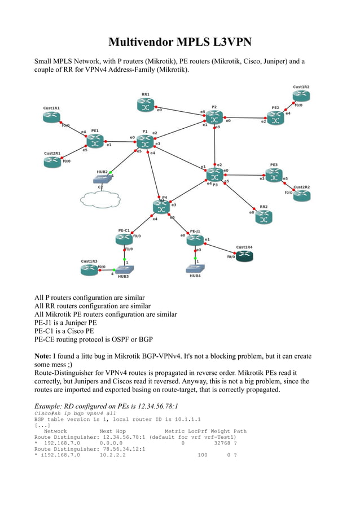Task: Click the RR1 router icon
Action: (x=145, y=104)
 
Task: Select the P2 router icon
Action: (x=213, y=117)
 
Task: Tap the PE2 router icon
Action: (x=275, y=118)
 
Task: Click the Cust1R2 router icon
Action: (x=301, y=96)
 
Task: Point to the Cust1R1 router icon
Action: (x=51, y=117)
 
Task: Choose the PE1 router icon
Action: (x=95, y=141)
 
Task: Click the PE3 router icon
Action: (x=274, y=176)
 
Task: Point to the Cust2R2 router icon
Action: (x=301, y=196)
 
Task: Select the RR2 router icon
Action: (x=264, y=217)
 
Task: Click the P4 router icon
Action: (x=161, y=207)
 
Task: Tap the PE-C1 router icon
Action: (x=124, y=239)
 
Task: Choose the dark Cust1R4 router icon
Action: (x=244, y=256)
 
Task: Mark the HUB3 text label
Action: (x=123, y=277)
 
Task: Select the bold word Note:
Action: (x=43, y=356)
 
